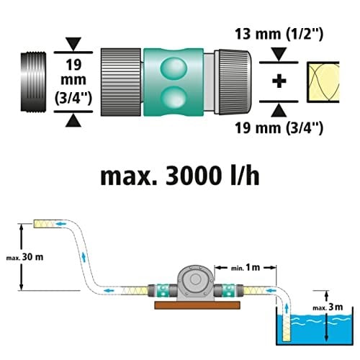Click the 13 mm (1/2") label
tap(279, 34)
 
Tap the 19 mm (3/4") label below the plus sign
tap(279, 128)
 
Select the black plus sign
tap(279, 81)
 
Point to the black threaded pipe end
tap(33, 82)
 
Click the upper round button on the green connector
tap(174, 68)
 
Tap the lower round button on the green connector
tap(174, 97)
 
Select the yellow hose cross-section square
tap(323, 82)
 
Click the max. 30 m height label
tap(24, 257)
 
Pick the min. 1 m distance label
tap(246, 268)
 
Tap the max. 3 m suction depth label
tap(328, 307)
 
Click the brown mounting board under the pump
tap(197, 305)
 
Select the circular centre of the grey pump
tap(196, 279)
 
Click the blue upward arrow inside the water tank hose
tap(287, 308)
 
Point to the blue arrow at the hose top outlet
tap(61, 224)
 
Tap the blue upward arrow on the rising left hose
tap(84, 257)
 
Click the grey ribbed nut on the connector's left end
tap(121, 82)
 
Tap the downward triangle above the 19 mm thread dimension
tap(73, 44)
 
